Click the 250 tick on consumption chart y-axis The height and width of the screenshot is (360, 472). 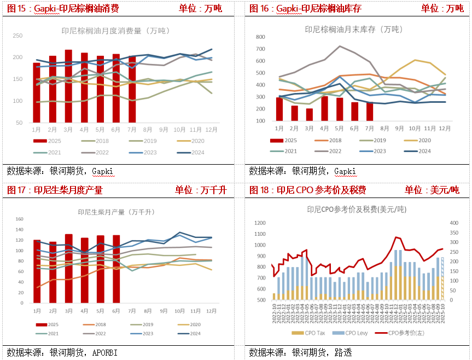(18, 36)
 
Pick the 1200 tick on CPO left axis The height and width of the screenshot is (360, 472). (260, 223)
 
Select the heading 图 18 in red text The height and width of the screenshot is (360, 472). (261, 190)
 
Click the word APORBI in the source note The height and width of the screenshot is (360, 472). (103, 352)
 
